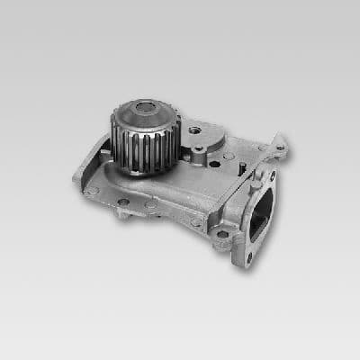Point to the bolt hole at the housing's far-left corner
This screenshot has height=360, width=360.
[92, 190]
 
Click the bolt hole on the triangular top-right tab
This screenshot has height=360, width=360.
[280, 147]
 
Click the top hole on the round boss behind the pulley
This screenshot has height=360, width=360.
[196, 130]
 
